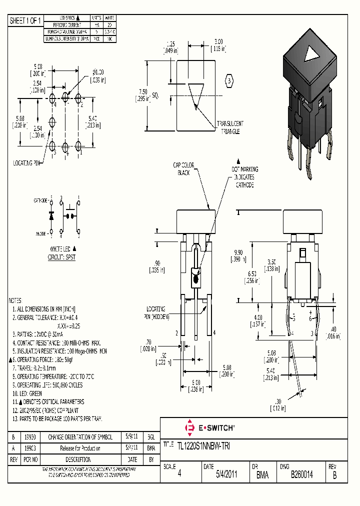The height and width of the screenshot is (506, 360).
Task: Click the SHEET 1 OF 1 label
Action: pos(25,21)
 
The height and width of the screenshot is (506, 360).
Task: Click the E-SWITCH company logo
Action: pos(209,428)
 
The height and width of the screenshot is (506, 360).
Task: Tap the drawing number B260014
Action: pos(301,475)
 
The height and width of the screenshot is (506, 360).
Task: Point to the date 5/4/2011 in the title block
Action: pos(226,475)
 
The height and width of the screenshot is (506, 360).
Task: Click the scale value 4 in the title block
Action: pos(179,475)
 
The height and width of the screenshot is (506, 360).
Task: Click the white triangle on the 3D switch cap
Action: pos(311,53)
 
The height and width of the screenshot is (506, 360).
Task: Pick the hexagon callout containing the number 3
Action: pos(229,81)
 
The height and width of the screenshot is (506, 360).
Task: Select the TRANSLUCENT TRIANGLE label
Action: pos(229,127)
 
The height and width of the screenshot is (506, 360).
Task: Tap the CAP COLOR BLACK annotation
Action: pos(184,169)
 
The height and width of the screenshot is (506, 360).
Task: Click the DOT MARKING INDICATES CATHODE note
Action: pos(245,177)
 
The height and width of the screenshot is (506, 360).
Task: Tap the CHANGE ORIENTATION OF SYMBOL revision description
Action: pos(80,436)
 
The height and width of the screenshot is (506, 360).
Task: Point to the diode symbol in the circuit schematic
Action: pos(50,216)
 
